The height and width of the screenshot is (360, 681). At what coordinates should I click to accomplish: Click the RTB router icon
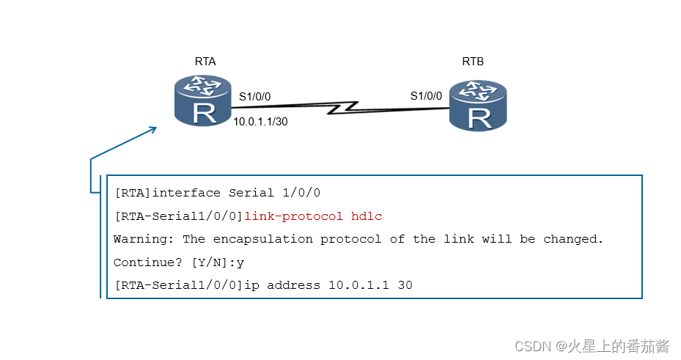(479, 106)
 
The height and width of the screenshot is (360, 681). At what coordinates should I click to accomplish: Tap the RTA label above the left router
(205, 62)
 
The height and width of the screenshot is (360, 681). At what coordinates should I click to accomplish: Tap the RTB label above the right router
(473, 62)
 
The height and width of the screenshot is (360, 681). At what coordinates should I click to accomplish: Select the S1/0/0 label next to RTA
(255, 96)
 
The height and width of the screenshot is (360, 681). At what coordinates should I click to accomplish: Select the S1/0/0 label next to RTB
(426, 96)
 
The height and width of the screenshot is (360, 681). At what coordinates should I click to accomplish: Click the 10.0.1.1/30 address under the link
(260, 122)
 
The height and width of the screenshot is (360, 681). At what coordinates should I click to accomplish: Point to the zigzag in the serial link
(345, 109)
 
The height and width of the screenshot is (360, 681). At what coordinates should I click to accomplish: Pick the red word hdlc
(367, 216)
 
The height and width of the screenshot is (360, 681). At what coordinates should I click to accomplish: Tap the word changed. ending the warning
(574, 239)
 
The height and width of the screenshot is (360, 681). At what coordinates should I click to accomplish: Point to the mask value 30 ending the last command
(405, 284)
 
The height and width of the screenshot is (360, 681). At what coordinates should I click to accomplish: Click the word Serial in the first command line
(251, 194)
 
